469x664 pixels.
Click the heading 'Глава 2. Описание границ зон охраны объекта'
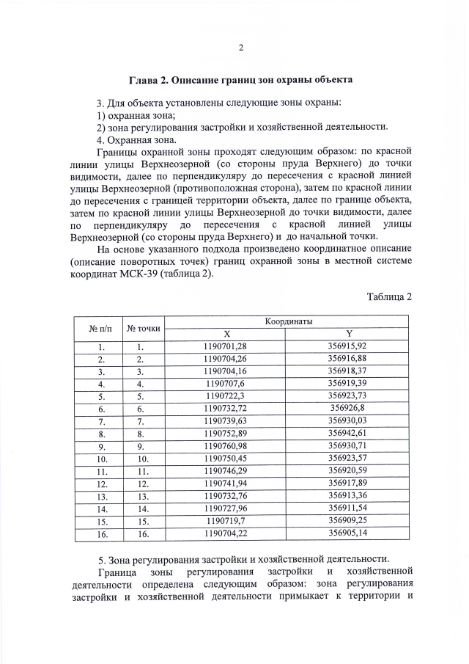[x=241, y=79]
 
